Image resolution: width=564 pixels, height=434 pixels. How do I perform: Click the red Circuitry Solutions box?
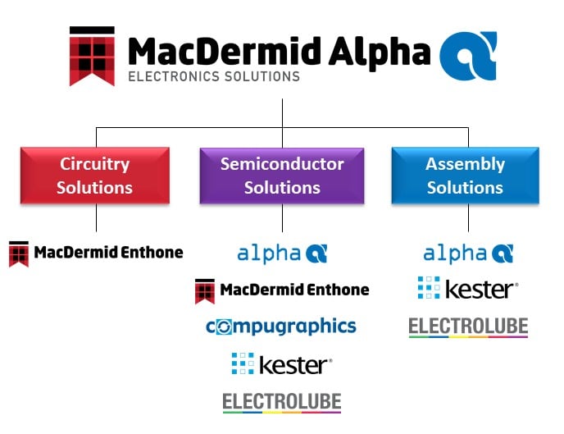pos(95,176)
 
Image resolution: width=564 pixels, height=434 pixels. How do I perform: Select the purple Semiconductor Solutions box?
pos(282,176)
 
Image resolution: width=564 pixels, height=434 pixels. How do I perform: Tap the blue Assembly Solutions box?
pos(465,176)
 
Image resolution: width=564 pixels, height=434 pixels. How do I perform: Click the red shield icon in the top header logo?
pos(92,57)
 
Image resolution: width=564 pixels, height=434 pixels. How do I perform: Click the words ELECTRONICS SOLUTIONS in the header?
pos(214,77)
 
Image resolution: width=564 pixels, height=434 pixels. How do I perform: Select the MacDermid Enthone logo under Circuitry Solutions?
pos(96,253)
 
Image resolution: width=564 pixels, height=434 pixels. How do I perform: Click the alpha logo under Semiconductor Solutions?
pos(282,253)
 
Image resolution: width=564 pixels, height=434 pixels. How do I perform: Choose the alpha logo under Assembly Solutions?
pos(468,253)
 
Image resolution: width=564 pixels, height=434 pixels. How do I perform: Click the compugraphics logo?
pos(281,327)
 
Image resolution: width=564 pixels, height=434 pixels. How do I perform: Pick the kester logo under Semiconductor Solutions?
pos(282,363)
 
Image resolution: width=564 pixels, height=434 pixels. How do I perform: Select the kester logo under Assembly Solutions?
pos(467,289)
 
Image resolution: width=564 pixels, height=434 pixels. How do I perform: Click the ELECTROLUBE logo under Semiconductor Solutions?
pos(282,402)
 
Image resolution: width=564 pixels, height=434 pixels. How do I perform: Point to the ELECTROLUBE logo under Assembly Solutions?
pos(468,327)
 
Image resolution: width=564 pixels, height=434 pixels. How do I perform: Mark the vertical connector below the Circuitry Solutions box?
pos(96,217)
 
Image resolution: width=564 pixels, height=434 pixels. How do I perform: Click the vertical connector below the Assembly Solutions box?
pos(468,217)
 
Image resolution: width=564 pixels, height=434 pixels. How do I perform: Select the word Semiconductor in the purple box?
pos(282,164)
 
